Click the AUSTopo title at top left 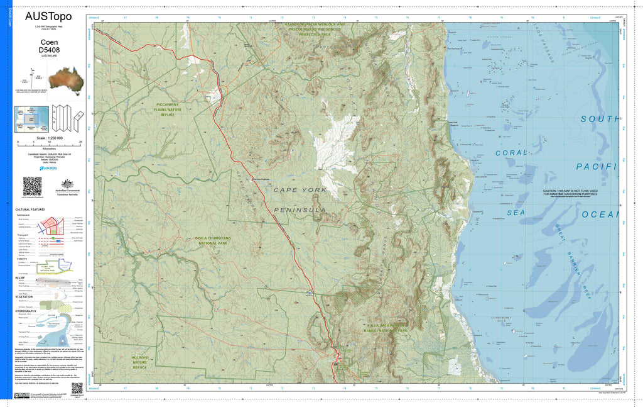tap(48, 16)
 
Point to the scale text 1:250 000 tap(50, 137)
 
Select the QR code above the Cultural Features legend tap(32, 186)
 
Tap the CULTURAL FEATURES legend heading tap(30, 209)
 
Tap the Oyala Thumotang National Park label tap(210, 241)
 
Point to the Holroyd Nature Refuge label tap(139, 362)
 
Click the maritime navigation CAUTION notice tap(570, 193)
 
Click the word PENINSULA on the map tap(300, 209)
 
